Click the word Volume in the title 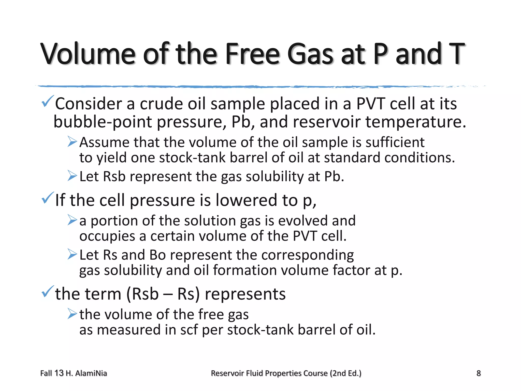88,54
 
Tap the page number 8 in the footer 479,373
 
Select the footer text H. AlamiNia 86,373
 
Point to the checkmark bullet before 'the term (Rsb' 47,292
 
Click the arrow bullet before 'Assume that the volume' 72,142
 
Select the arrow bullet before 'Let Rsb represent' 72,176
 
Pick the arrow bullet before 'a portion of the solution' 72,220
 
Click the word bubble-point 103,122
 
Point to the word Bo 157,255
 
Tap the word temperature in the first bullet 416,122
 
